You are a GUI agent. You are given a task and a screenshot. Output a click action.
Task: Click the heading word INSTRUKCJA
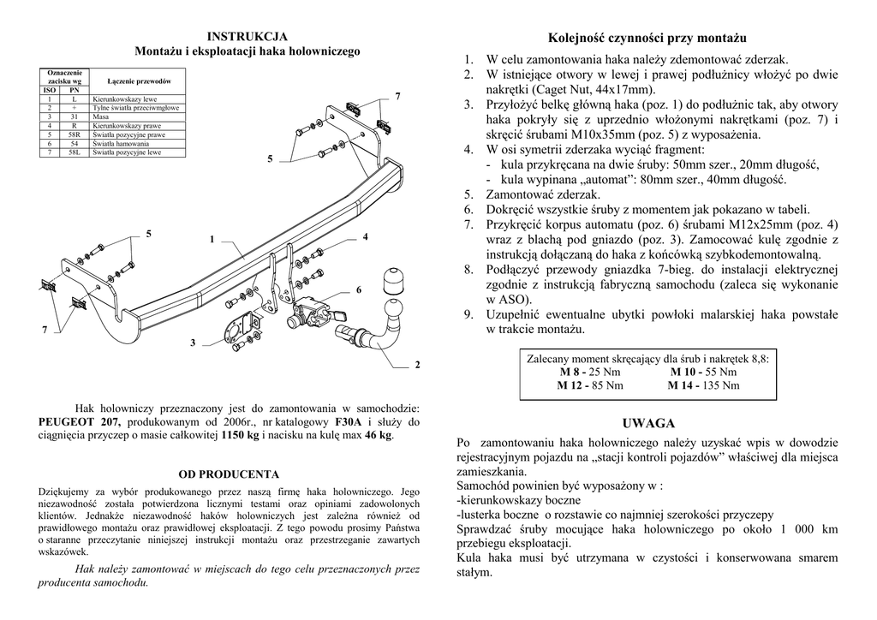pyautogui.click(x=248, y=36)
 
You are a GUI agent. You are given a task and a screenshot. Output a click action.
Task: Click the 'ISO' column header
pyautogui.click(x=49, y=90)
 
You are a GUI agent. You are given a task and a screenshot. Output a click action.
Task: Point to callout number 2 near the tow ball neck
pyautogui.click(x=418, y=365)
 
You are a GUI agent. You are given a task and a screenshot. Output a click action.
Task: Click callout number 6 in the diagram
pyautogui.click(x=359, y=290)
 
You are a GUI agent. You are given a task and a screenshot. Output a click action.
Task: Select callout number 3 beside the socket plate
pyautogui.click(x=193, y=343)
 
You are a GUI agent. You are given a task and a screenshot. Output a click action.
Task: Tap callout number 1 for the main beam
pyautogui.click(x=211, y=239)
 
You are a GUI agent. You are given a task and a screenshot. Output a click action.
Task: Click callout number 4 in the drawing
pyautogui.click(x=365, y=236)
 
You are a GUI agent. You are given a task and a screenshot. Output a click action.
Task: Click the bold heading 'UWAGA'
pyautogui.click(x=648, y=423)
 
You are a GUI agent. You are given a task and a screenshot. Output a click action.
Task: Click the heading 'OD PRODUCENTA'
pyautogui.click(x=229, y=474)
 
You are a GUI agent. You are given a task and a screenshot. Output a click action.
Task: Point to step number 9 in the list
pyautogui.click(x=468, y=314)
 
